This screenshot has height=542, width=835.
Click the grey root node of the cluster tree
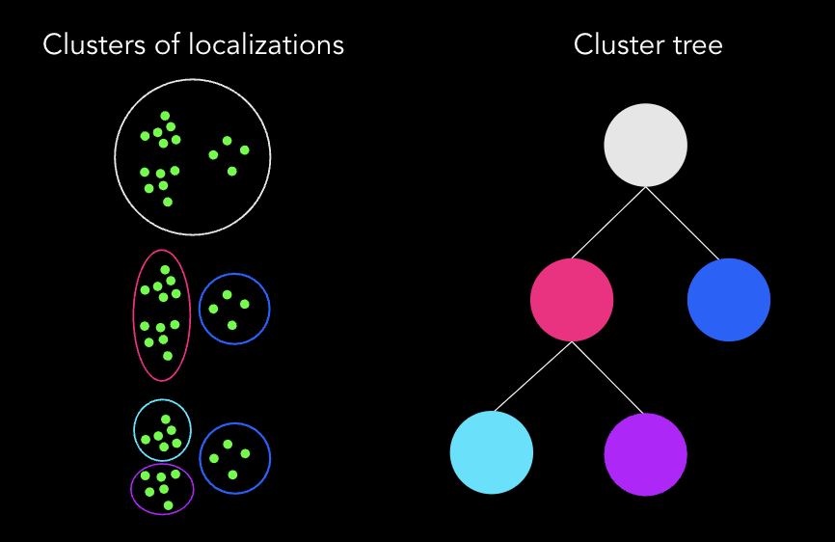coord(645,145)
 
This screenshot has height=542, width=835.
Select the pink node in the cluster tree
coord(572,299)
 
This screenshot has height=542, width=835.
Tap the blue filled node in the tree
coord(729,299)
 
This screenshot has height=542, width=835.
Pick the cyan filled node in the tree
coord(492,452)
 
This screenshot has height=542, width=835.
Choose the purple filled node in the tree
coord(645,453)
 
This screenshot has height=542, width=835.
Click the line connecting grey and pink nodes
coord(608,223)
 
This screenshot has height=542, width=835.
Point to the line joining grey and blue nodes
coord(684,224)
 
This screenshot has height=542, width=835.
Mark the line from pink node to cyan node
coord(533,376)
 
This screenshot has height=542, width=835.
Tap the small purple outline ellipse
coord(131,490)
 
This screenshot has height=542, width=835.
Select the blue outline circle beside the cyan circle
coord(270,457)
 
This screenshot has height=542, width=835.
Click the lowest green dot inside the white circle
coord(168,202)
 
